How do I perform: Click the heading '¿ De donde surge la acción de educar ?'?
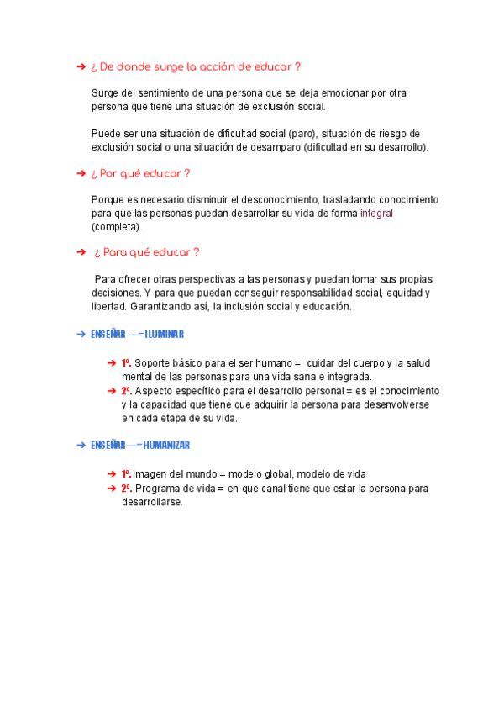(194, 66)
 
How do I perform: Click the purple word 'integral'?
(376, 214)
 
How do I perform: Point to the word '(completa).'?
(117, 227)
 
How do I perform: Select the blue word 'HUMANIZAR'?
(166, 445)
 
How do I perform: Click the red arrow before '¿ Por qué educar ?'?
(81, 173)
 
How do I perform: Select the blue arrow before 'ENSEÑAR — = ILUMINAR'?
(81, 335)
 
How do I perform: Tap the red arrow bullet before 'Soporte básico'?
(112, 363)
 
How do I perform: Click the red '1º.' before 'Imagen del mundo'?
(127, 474)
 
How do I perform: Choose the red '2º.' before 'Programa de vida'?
(127, 489)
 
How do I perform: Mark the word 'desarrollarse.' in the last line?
(152, 502)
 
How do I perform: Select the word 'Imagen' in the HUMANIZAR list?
(150, 474)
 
